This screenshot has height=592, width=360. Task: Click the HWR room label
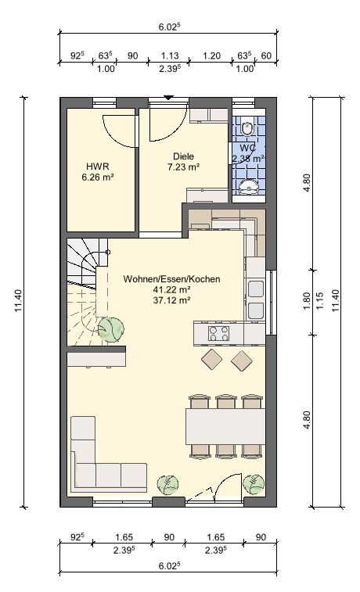[x=98, y=166]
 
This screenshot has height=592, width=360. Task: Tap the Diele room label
[x=184, y=156]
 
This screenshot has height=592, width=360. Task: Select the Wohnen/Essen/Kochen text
[x=171, y=279]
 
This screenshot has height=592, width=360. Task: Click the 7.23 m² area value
[x=184, y=167]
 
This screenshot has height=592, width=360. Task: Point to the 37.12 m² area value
[x=171, y=300]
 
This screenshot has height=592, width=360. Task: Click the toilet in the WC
[x=248, y=127]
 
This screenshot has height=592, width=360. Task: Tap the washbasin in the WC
[x=249, y=186]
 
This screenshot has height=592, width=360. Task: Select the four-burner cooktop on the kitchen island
[x=218, y=333]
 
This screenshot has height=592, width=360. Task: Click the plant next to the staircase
[x=110, y=329]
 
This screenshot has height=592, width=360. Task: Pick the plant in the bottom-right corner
[x=254, y=484]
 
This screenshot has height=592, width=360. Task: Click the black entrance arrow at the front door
[x=168, y=98]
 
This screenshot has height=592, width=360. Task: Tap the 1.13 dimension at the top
[x=170, y=56]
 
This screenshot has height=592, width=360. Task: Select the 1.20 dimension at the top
[x=211, y=56]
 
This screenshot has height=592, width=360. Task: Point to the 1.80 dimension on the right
[x=307, y=301]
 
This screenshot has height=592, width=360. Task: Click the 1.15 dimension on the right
[x=320, y=301]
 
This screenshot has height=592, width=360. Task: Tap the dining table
[x=225, y=426]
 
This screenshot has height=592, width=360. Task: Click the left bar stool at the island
[x=211, y=360]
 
